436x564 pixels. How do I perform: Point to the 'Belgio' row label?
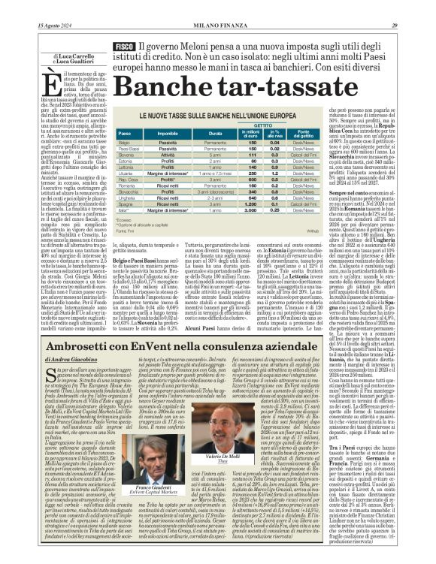123,142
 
